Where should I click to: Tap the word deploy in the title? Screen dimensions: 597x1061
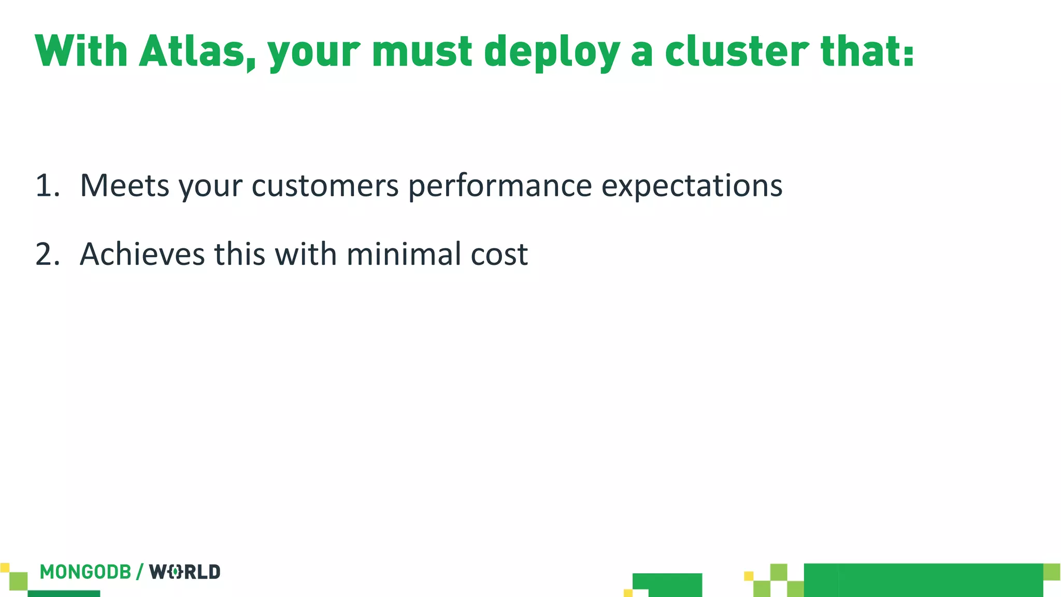[x=552, y=52]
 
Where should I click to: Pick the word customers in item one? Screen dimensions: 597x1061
[x=325, y=186]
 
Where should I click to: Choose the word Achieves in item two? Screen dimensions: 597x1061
[x=142, y=254]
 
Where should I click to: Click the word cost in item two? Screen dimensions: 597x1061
[x=499, y=255]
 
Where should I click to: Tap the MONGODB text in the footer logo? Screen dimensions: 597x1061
[x=85, y=572]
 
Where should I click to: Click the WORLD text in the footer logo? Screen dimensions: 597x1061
[x=185, y=572]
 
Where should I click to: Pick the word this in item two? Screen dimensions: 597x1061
[x=240, y=254]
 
